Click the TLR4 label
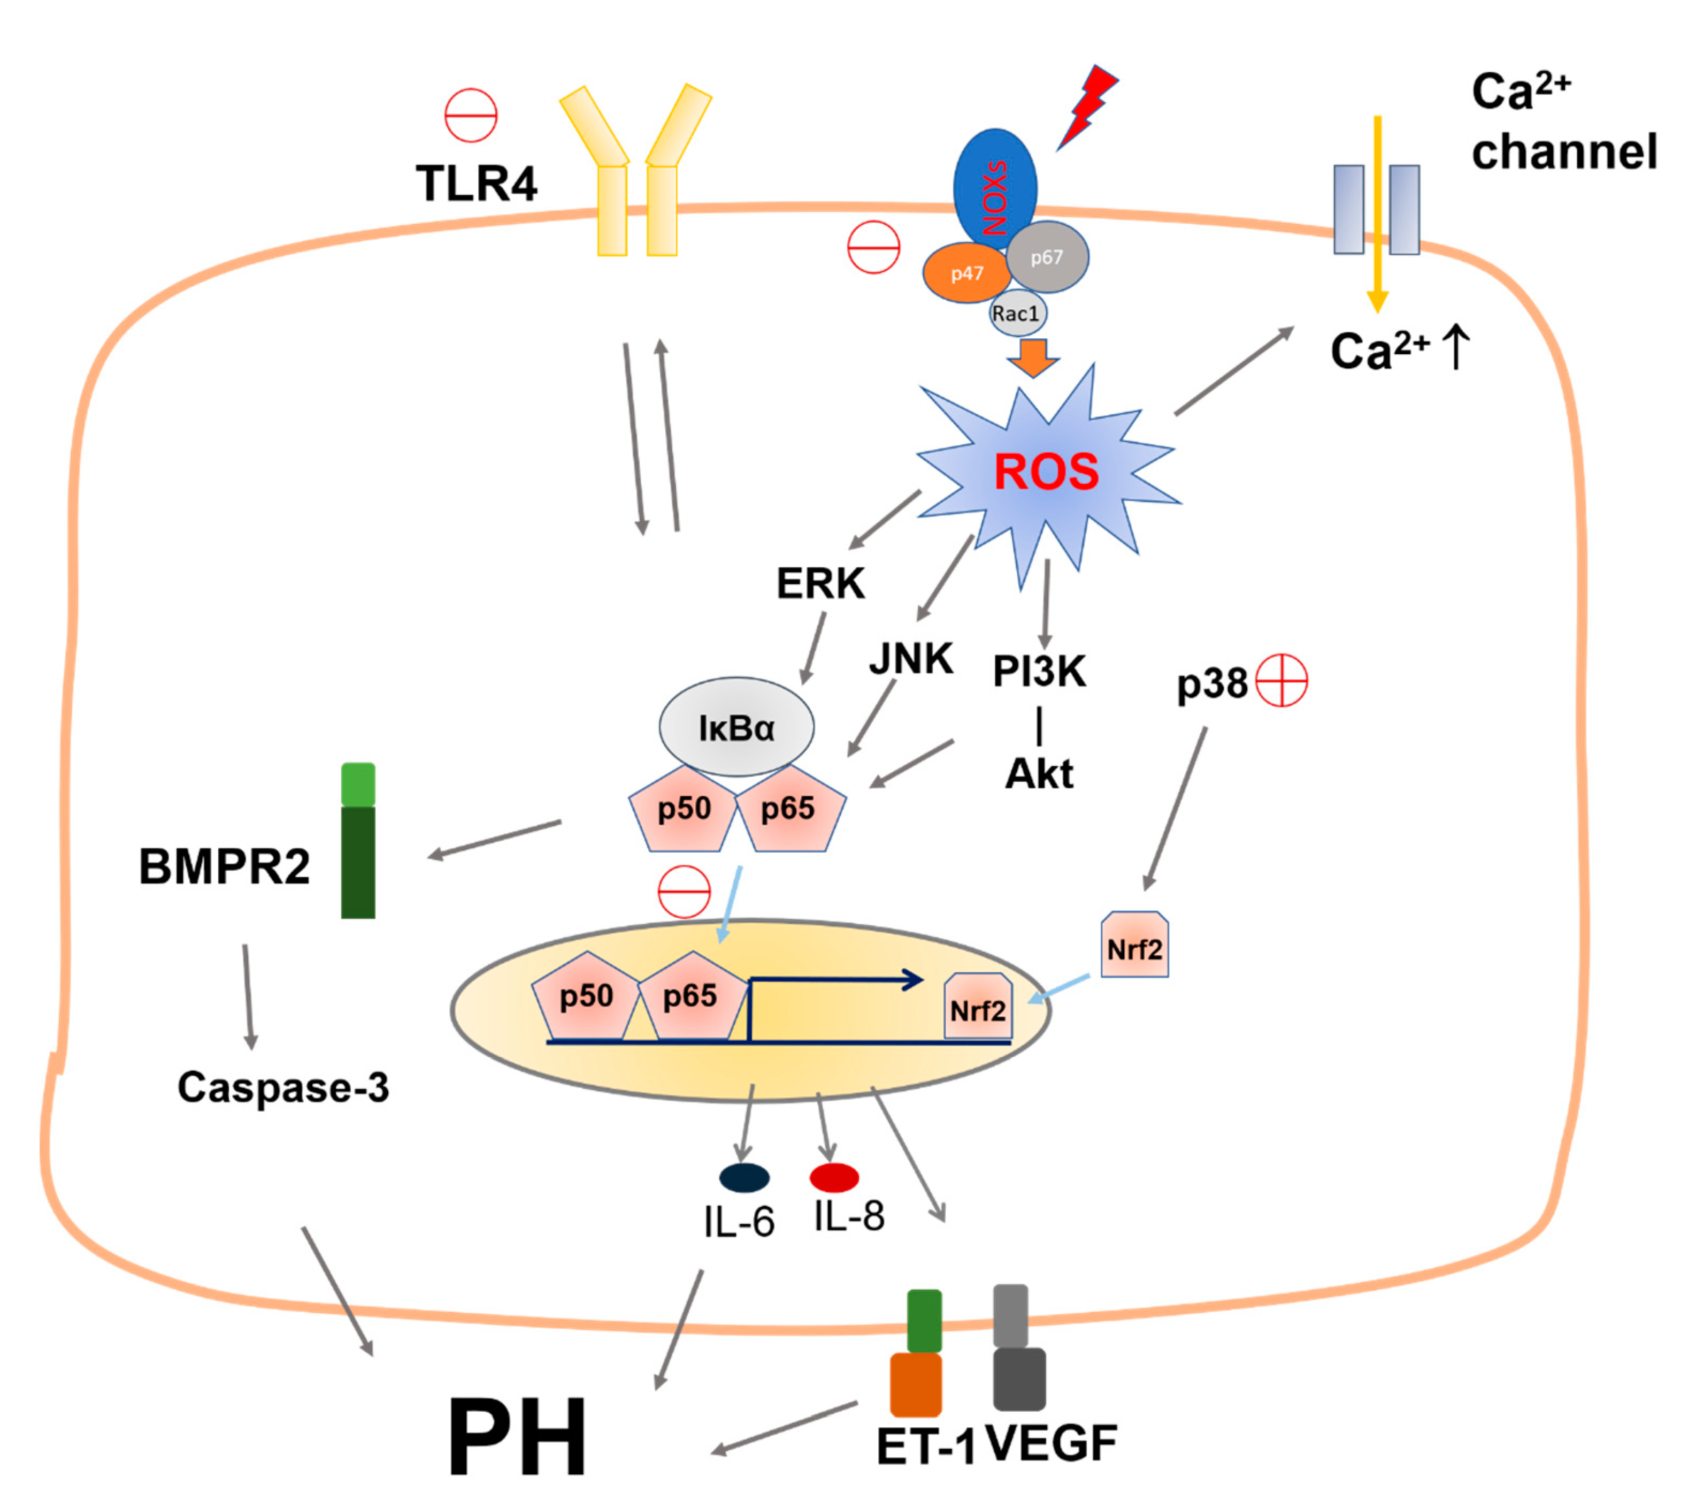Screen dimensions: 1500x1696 tap(476, 184)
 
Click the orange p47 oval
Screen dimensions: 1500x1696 tap(966, 273)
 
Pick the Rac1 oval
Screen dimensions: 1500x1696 tap(1017, 314)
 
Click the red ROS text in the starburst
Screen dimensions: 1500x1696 tap(1046, 473)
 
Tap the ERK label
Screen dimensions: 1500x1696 tap(820, 583)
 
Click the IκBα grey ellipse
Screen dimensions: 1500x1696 tap(736, 727)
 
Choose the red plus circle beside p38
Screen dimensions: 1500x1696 tap(1281, 681)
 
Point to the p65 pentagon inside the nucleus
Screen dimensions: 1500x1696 tap(690, 996)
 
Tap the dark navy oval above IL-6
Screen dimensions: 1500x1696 tap(745, 1177)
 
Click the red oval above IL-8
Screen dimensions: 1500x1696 tap(834, 1177)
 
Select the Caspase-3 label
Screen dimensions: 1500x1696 tap(283, 1087)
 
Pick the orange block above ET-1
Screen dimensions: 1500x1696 tap(915, 1384)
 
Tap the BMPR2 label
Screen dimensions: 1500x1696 tap(224, 866)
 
